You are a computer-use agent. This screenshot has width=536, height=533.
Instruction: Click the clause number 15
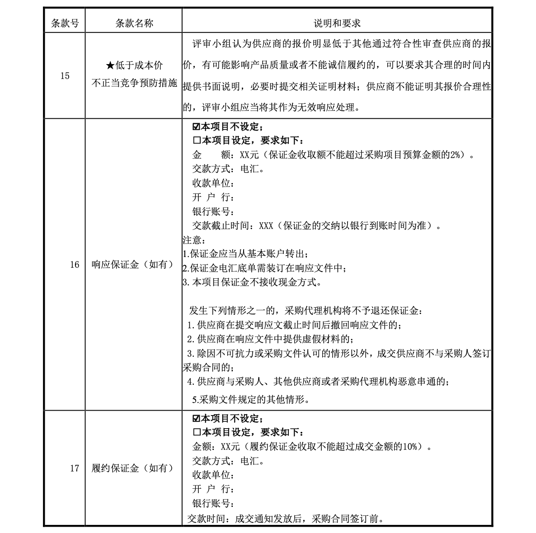[65, 75]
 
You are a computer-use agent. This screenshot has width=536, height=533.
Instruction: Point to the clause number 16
[75, 264]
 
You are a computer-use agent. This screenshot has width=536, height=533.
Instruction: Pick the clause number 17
[75, 468]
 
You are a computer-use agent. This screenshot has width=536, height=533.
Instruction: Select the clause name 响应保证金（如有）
[133, 264]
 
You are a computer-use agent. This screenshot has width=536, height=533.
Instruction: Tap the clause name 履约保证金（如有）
[133, 468]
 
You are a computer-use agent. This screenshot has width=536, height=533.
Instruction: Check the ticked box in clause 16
[196, 127]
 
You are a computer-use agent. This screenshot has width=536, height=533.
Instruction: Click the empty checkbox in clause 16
[196, 141]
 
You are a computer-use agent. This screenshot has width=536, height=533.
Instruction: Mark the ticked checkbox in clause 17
[196, 418]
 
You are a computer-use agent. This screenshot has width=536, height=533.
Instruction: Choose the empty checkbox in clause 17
[196, 432]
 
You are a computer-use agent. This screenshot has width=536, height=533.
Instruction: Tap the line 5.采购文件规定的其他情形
[250, 399]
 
